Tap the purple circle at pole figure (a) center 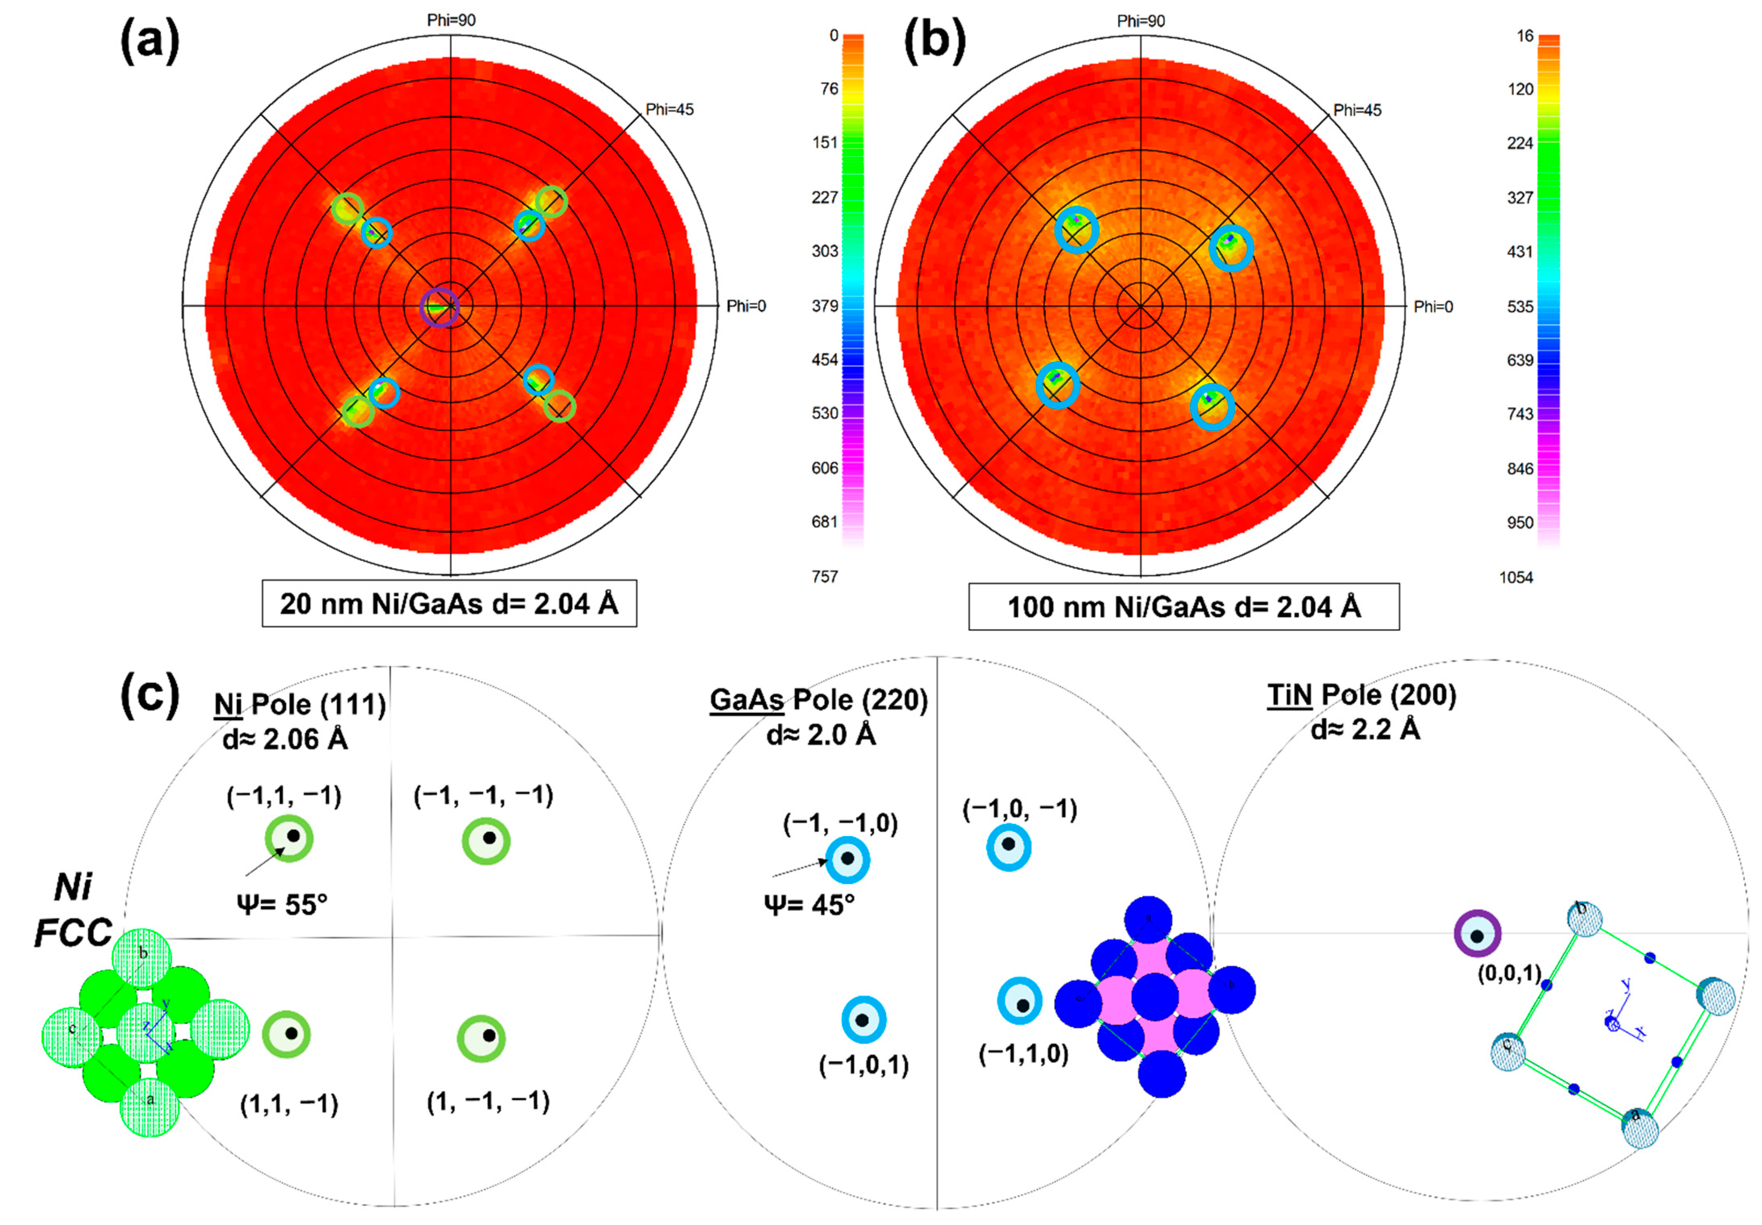[440, 308]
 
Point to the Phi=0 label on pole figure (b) [1433, 307]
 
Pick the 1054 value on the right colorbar [1516, 577]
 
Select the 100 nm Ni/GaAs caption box [1183, 607]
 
